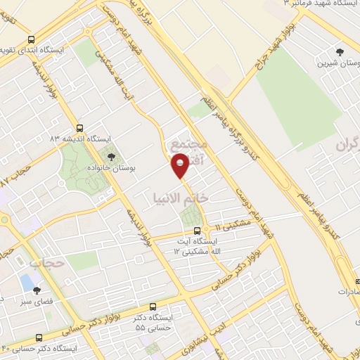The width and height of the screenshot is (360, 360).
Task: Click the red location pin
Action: [181, 167]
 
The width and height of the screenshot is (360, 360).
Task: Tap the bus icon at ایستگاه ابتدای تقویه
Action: [30, 40]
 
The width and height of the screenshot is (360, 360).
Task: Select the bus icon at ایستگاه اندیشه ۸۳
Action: [79, 129]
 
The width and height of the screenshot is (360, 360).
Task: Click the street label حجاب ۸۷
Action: [18, 176]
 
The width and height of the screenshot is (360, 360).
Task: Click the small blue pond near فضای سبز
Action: [27, 282]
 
